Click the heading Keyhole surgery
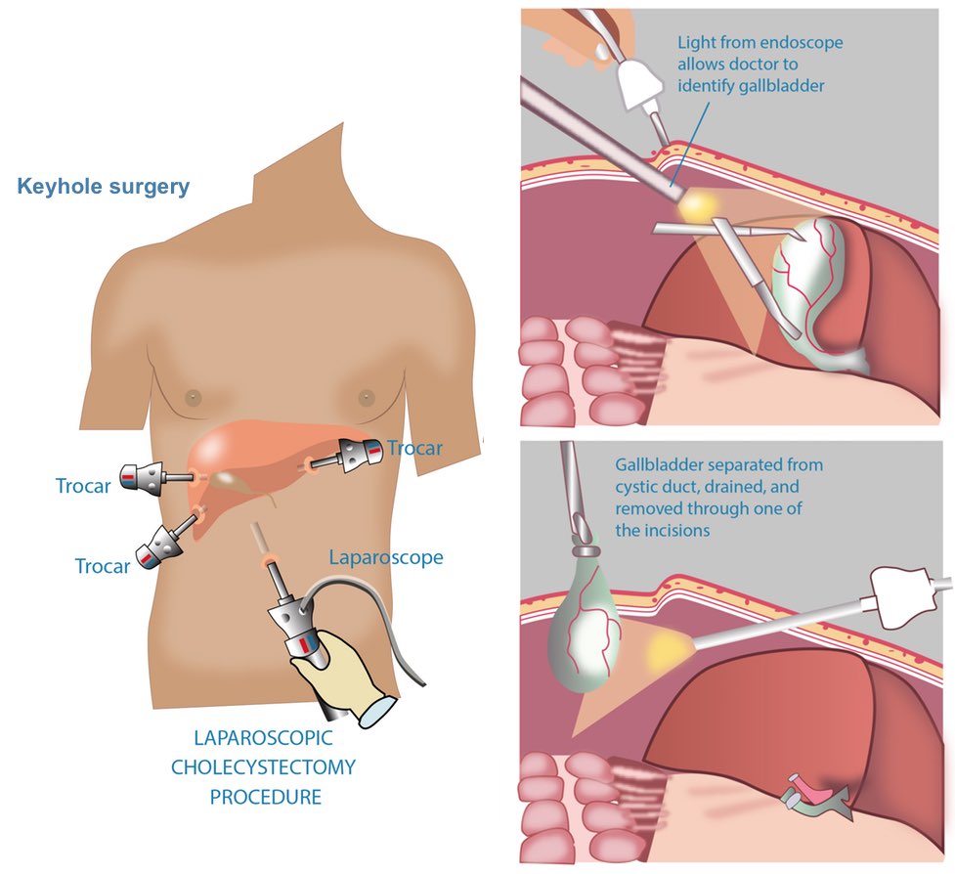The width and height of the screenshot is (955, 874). (x=103, y=186)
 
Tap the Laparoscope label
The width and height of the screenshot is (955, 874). (x=385, y=558)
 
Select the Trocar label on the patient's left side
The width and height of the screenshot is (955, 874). (x=414, y=449)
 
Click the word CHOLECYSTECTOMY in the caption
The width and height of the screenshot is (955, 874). (x=263, y=767)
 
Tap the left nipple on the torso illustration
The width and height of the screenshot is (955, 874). (x=194, y=398)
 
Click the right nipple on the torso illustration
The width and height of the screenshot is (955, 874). (x=366, y=398)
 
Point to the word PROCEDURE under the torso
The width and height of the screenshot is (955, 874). (x=265, y=797)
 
